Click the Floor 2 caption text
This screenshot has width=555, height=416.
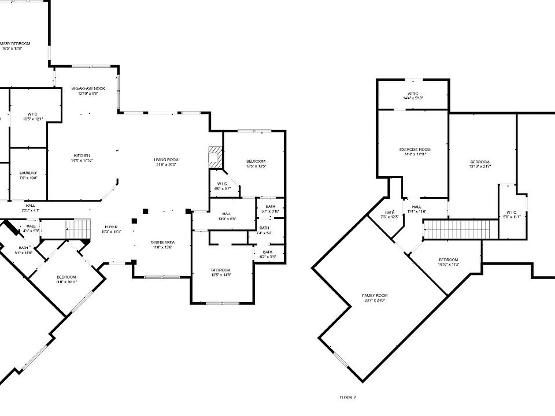pos(347,398)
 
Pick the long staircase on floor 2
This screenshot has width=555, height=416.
pos(461,229)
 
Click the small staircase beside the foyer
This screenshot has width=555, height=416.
pos(78,228)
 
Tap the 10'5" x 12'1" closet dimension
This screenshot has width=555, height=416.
pos(34,119)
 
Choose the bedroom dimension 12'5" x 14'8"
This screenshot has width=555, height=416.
pos(221,275)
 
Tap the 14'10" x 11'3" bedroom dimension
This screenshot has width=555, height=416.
pos(448,265)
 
